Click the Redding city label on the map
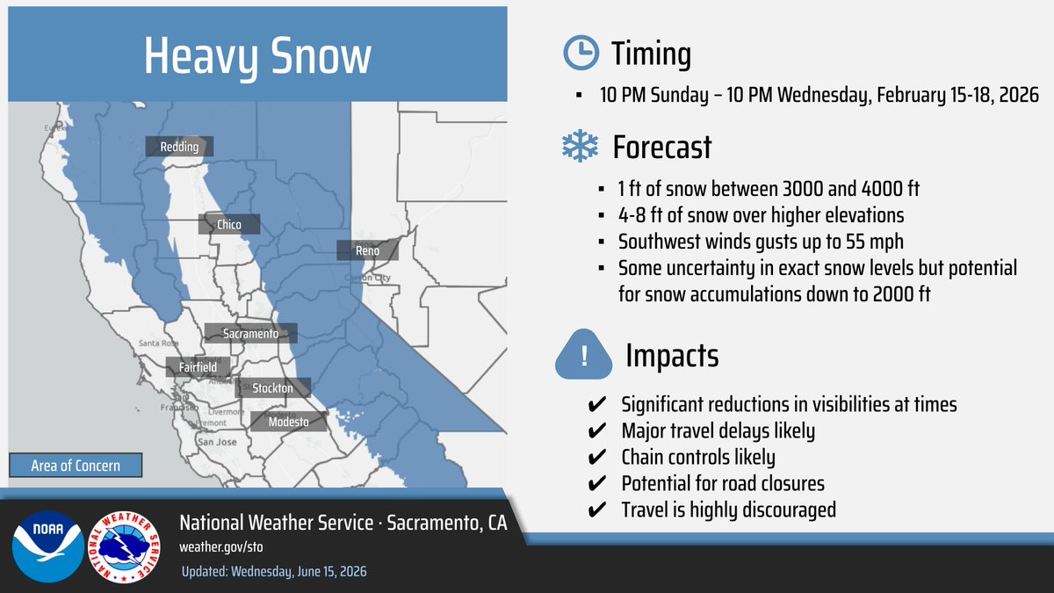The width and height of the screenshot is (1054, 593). [x=179, y=147]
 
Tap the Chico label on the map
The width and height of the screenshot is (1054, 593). [x=229, y=225]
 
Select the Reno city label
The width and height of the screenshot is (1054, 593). [x=368, y=251]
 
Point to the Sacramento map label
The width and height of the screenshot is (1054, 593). [x=250, y=334]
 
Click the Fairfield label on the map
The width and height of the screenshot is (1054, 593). [x=191, y=367]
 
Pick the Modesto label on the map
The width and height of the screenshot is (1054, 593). [x=287, y=423]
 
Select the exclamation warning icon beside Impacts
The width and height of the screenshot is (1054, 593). [x=584, y=356]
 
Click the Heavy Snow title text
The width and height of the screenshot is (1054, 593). [x=256, y=57]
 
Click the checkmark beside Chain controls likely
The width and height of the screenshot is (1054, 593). [x=595, y=458]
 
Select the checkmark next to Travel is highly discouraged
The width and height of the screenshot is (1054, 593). [x=595, y=510]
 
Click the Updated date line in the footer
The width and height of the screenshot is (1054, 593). [x=273, y=572]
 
